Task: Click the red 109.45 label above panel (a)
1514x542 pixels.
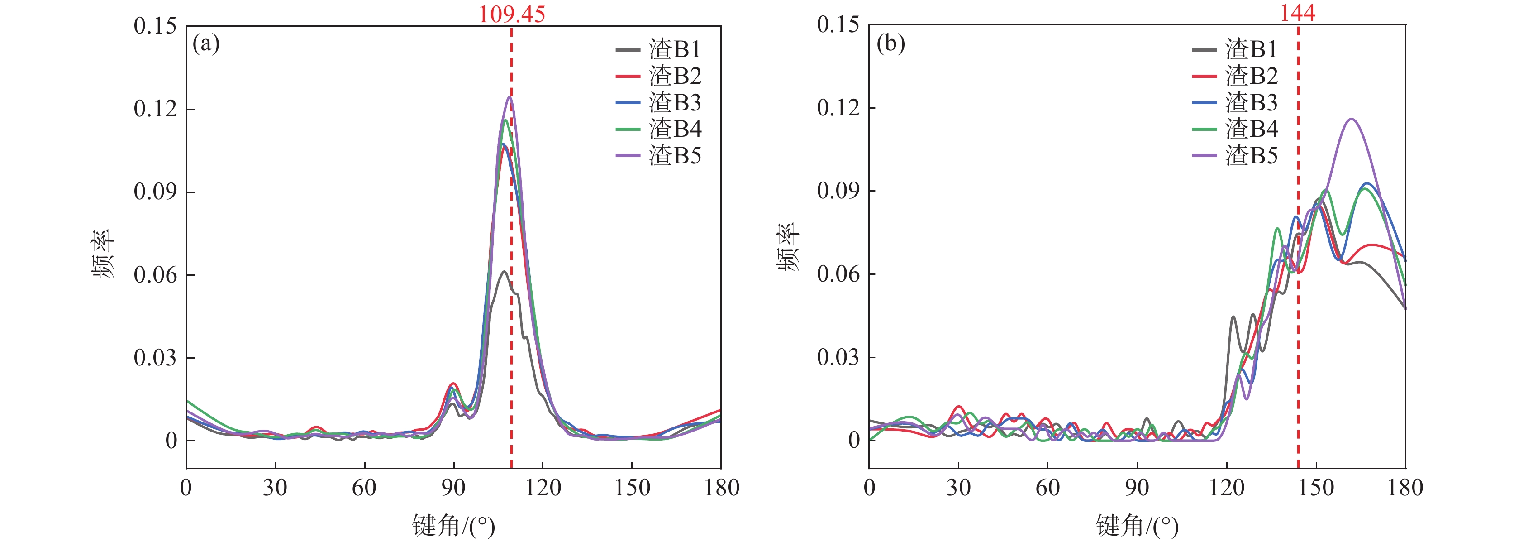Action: click(511, 14)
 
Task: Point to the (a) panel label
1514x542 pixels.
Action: click(206, 44)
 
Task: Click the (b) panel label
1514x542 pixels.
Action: click(890, 44)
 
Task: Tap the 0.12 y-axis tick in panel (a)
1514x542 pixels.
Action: click(155, 109)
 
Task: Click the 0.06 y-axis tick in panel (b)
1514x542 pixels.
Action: click(838, 274)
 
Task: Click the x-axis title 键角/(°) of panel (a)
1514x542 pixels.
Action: click(453, 525)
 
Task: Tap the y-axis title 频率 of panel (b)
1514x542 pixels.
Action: click(788, 247)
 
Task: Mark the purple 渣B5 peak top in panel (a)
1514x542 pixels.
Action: click(509, 97)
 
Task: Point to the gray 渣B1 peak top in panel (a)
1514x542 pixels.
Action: click(504, 272)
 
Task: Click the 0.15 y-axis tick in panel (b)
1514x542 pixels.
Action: click(838, 25)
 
